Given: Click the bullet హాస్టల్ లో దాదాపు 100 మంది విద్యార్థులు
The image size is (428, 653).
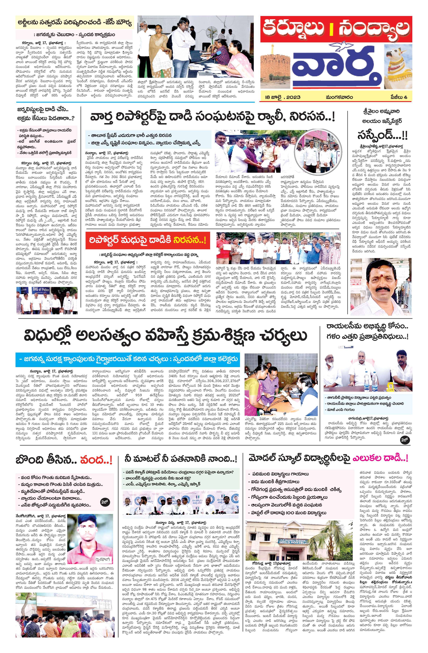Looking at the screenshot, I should point(287,513).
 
